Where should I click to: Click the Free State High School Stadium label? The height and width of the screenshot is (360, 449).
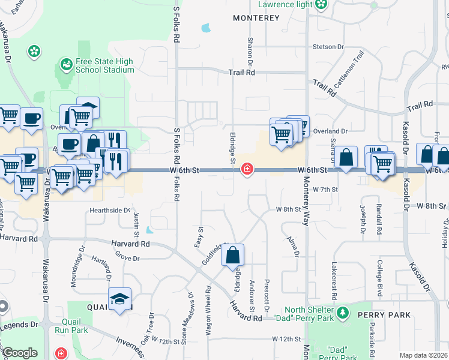[104, 66]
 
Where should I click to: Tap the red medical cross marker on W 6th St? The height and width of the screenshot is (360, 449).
[246, 170]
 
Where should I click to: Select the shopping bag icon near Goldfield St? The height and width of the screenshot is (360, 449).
[233, 256]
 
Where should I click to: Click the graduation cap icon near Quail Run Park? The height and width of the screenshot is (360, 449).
[120, 299]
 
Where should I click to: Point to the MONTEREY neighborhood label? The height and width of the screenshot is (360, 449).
[256, 19]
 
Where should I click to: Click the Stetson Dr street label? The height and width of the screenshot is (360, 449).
[328, 46]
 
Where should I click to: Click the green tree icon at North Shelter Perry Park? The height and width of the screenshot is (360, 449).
[342, 313]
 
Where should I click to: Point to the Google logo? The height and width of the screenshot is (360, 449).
[20, 353]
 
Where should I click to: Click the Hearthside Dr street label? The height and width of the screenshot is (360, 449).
[110, 211]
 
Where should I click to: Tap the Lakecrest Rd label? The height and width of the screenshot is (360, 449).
[334, 280]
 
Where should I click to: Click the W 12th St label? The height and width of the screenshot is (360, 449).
[286, 339]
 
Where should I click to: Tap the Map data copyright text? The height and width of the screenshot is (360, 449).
[424, 355]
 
